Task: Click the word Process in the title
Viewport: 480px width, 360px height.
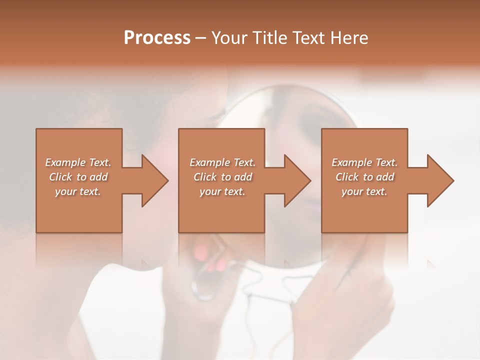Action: [x=157, y=38]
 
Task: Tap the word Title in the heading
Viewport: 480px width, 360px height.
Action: [x=270, y=38]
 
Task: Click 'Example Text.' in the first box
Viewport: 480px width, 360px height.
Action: [x=78, y=162]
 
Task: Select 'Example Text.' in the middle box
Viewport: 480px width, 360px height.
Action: [x=222, y=162]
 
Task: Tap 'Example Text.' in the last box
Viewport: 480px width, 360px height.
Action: [x=364, y=162]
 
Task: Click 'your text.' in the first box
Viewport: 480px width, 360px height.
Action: [x=78, y=191]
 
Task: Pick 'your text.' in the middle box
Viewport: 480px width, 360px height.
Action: [x=222, y=191]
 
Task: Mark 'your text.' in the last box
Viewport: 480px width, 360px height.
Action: [x=364, y=191]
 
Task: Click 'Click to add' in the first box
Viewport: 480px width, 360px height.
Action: [x=78, y=177]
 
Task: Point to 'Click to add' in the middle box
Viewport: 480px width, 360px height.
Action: [x=222, y=177]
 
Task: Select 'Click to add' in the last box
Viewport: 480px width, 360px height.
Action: [x=364, y=177]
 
